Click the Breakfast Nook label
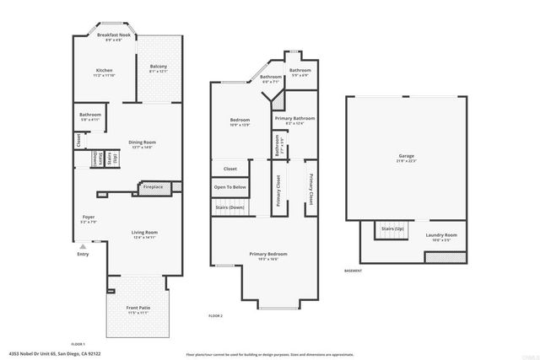tap(112, 35)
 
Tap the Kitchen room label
tap(105, 70)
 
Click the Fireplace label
tap(153, 186)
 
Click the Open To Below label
tap(229, 187)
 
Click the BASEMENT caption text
tap(354, 271)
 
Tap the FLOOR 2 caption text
tap(216, 315)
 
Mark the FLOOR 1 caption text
tap(78, 344)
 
